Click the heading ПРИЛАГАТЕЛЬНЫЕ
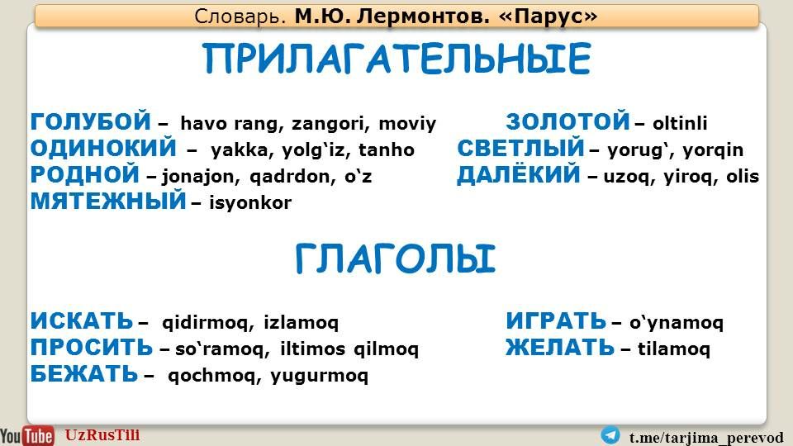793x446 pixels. pos(397,58)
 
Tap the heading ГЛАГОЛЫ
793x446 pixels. pos(395,259)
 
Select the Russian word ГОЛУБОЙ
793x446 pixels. pos(91,121)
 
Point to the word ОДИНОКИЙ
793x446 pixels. pos(103,148)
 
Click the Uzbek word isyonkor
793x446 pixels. pos(250,203)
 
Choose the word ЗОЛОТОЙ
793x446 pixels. pos(567,122)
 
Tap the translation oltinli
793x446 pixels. pos(680,123)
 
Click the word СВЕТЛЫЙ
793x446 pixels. pos(520,148)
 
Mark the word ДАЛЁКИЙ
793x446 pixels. pos(519,174)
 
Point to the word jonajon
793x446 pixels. pos(198,177)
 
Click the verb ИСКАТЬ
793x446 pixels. pos(82,321)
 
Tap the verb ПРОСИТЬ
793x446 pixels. pos(91,348)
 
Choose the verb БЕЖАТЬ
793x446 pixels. pos(84,373)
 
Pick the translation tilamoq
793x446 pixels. pos(674,349)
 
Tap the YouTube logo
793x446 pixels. pos(26,435)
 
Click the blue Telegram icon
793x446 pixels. pos(610,435)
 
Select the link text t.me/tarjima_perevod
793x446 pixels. pos(706,438)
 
